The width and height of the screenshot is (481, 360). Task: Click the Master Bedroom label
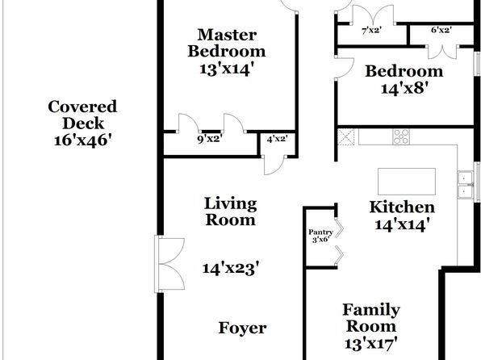tap(227, 43)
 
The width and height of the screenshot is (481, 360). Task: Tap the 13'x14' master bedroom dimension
tap(227, 69)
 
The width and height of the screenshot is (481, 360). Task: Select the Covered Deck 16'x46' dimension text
tap(82, 140)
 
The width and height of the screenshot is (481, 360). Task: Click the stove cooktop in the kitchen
tap(401, 136)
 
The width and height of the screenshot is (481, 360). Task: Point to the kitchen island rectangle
tap(407, 182)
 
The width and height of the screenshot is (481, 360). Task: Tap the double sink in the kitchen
tap(466, 185)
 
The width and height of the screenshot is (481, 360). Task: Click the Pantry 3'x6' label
tap(320, 236)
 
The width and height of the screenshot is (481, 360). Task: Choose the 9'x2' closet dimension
tap(210, 139)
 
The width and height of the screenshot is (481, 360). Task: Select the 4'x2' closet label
tap(277, 139)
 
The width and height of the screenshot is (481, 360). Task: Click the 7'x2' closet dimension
tap(371, 31)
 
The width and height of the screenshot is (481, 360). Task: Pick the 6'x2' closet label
tap(441, 30)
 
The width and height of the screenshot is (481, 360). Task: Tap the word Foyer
tap(242, 328)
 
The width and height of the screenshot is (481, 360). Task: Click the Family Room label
tap(371, 318)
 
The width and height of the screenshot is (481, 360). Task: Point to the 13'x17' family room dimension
tap(371, 343)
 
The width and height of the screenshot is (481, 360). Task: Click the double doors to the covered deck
tap(169, 264)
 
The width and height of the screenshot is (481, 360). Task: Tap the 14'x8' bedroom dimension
tap(404, 89)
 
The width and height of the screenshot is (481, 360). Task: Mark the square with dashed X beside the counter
tap(345, 136)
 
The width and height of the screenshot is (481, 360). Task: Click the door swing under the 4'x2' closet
tap(274, 165)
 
